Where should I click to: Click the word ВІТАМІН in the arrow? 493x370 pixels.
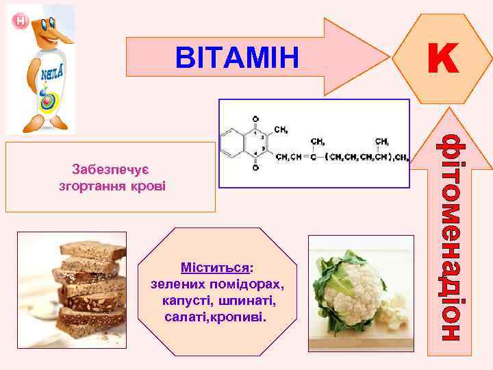tap(237, 58)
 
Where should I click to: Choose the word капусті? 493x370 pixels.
tap(190, 301)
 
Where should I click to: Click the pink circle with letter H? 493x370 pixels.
tap(21, 22)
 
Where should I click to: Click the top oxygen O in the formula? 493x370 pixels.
tap(255, 118)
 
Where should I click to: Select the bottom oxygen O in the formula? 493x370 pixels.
tap(255, 167)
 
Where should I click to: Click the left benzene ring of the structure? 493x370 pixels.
tap(233, 143)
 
